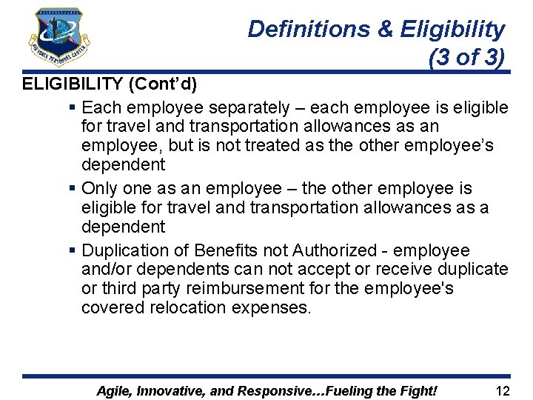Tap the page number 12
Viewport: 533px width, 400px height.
coord(503,390)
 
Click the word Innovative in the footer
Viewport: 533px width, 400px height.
coord(176,390)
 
